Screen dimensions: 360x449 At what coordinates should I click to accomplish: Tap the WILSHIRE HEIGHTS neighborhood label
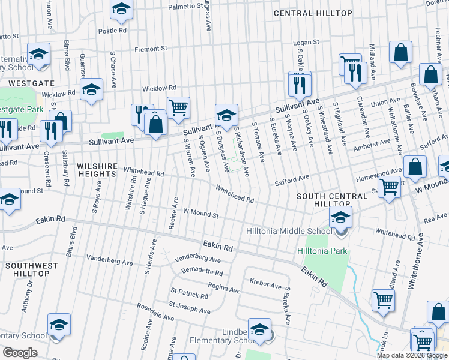tap(96, 169)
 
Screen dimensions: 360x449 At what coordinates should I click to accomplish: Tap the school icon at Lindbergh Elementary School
tap(259, 331)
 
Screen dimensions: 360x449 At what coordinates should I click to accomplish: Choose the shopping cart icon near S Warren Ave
tap(178, 108)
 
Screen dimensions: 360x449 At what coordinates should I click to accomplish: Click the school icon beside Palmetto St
tap(121, 9)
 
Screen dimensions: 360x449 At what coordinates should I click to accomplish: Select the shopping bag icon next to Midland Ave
tap(400, 53)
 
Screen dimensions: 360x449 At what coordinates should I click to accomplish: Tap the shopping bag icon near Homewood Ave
tap(415, 167)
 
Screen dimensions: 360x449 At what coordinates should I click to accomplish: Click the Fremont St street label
tap(151, 49)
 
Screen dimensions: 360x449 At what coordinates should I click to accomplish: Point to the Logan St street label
tap(306, 43)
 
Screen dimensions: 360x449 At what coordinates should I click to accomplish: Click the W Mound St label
tap(200, 212)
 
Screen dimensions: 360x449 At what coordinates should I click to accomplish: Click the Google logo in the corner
tap(20, 353)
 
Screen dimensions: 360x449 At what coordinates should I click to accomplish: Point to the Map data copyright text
tap(412, 355)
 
